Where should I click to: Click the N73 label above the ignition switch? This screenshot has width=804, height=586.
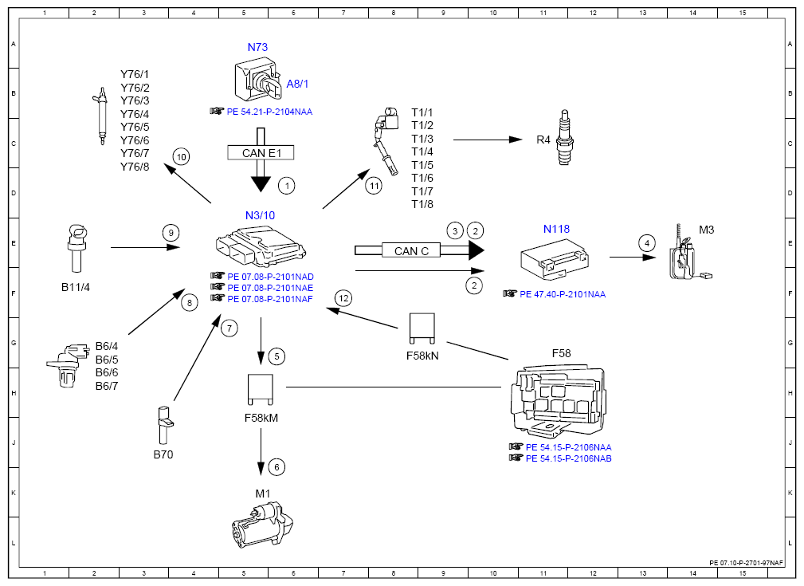[x=257, y=47]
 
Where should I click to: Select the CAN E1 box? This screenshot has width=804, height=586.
[x=261, y=153]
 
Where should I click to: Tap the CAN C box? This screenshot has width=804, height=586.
[x=411, y=250]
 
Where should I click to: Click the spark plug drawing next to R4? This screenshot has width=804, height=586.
[x=564, y=137]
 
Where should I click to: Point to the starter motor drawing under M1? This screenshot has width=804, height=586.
[x=262, y=525]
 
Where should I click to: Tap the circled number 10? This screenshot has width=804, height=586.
[x=181, y=157]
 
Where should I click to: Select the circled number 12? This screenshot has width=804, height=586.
[x=343, y=299]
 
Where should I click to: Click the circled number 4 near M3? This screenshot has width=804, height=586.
[x=646, y=242]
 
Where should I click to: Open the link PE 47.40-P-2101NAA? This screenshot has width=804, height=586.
[x=563, y=294]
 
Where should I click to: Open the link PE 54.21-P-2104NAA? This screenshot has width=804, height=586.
[x=269, y=112]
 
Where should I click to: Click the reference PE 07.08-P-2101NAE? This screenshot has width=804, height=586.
[x=270, y=288]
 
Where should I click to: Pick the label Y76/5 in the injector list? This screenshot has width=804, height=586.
[x=135, y=127]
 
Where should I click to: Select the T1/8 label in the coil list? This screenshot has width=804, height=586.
[x=422, y=204]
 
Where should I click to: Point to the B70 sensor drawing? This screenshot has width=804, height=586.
[x=165, y=425]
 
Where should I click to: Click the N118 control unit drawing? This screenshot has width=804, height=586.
[x=555, y=260]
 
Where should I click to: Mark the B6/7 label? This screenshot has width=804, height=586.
[x=107, y=386]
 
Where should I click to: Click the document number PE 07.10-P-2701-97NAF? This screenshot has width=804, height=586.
[x=747, y=563]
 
